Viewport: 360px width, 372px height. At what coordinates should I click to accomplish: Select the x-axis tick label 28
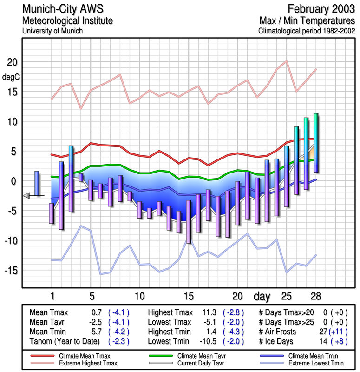point(315,296)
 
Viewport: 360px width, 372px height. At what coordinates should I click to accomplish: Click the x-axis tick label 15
point(189,296)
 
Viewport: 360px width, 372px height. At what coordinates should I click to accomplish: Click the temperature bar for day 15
point(188,221)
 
